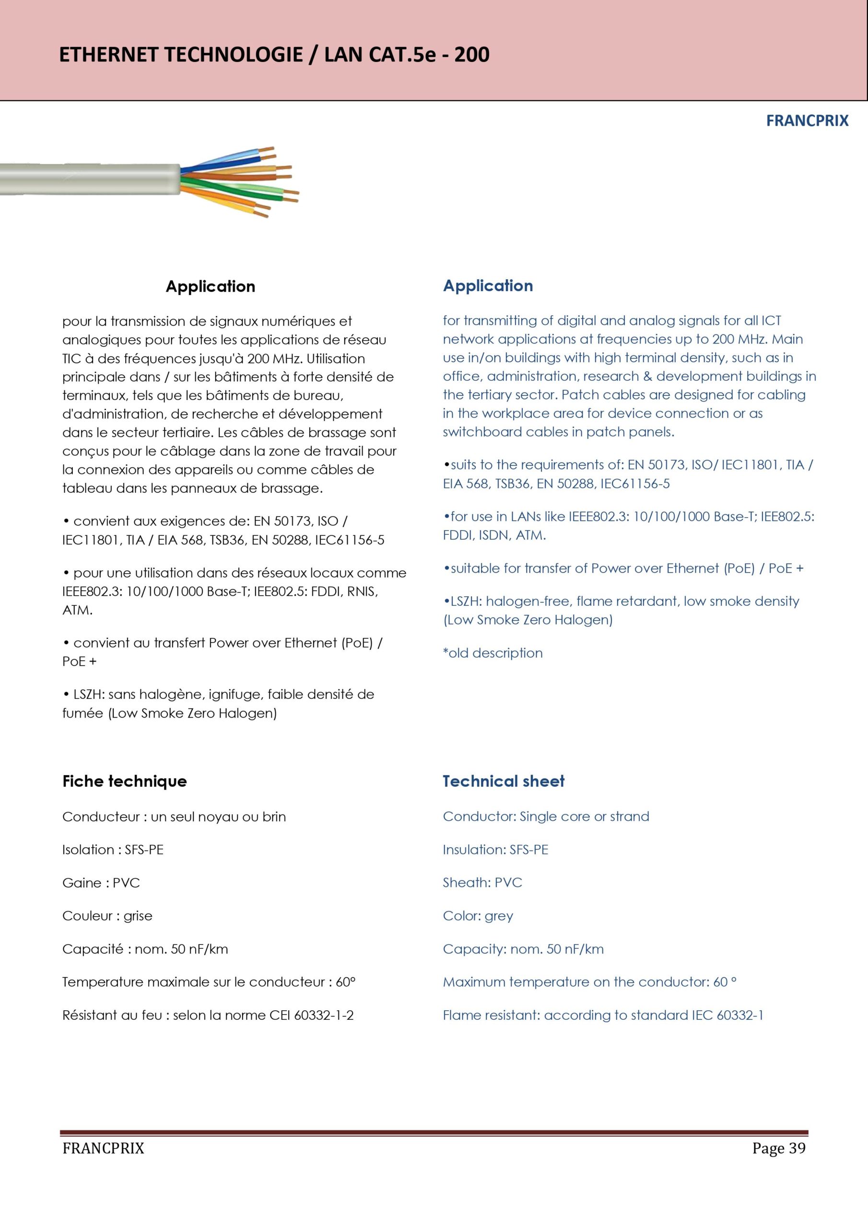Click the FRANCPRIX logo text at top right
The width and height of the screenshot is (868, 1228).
tap(807, 121)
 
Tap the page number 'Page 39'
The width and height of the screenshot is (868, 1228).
tap(778, 1148)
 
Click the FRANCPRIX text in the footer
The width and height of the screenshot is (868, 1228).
tap(103, 1148)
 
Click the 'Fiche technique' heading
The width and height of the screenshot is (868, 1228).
tap(125, 781)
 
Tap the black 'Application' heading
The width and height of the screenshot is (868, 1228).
tap(210, 286)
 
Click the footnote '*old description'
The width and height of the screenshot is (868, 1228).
tap(493, 653)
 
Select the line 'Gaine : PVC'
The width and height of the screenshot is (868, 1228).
tap(101, 883)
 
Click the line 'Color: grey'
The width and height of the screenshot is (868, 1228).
tap(478, 916)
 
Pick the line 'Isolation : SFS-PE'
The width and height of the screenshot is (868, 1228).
tap(113, 850)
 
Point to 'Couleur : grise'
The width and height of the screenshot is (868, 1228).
tap(107, 916)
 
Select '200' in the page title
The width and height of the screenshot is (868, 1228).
tap(471, 55)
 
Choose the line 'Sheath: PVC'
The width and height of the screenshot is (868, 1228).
tap(482, 883)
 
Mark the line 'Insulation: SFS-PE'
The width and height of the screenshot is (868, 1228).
tap(495, 850)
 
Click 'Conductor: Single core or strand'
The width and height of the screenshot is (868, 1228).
tap(546, 817)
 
